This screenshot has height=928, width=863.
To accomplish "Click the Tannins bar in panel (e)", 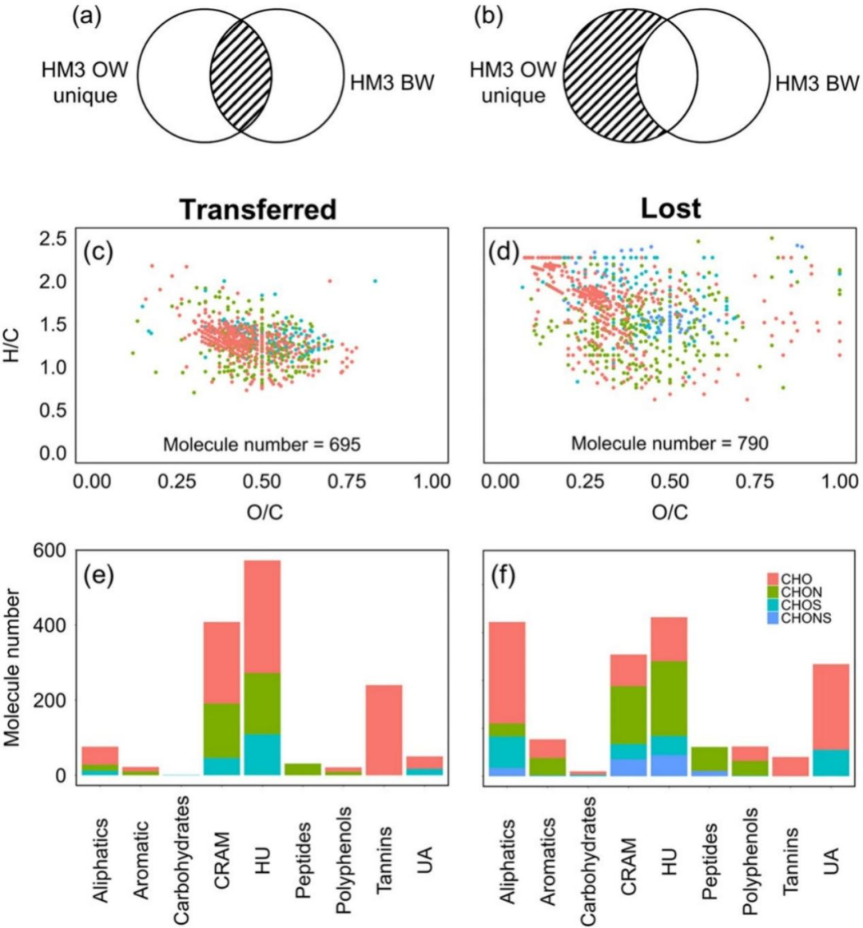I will click(379, 730).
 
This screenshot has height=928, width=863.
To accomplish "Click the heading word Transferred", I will click(257, 208).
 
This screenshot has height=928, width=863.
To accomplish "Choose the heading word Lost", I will click(671, 208).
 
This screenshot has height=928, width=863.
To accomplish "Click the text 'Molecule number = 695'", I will click(261, 444).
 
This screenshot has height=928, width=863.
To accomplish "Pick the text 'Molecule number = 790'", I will click(670, 441).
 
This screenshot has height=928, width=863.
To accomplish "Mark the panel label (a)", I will click(87, 17).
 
